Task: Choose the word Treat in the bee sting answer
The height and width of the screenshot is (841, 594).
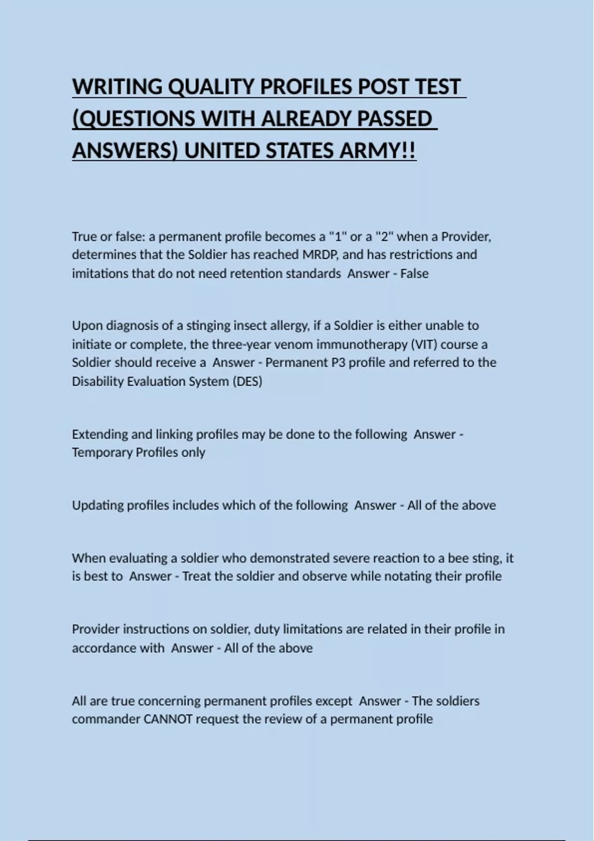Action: (198, 576)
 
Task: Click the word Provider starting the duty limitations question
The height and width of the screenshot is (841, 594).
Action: (95, 629)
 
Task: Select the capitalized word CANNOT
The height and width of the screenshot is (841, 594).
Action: (168, 719)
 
